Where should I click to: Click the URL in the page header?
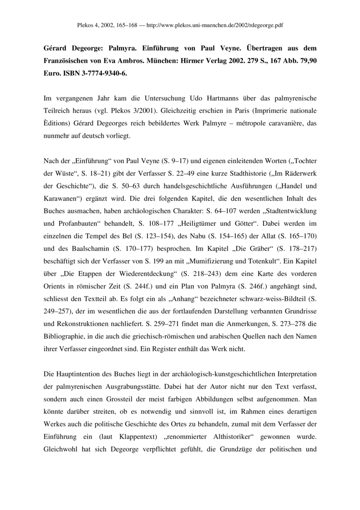tap(226, 26)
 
